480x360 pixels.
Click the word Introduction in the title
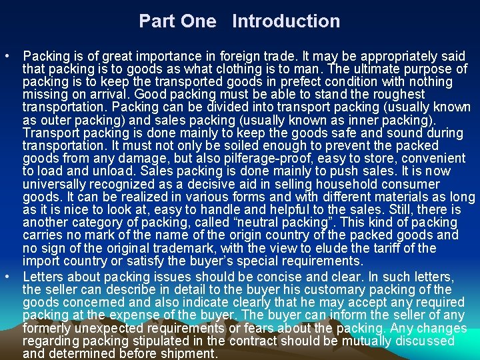pos(286,21)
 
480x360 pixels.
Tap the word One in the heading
pos(199,21)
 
